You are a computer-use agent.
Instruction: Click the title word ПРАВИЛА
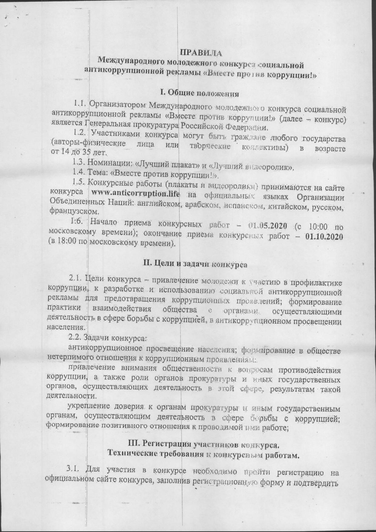point(201,52)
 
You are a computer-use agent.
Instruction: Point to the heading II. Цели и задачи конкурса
point(195,264)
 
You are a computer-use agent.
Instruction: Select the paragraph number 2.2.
point(75,337)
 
